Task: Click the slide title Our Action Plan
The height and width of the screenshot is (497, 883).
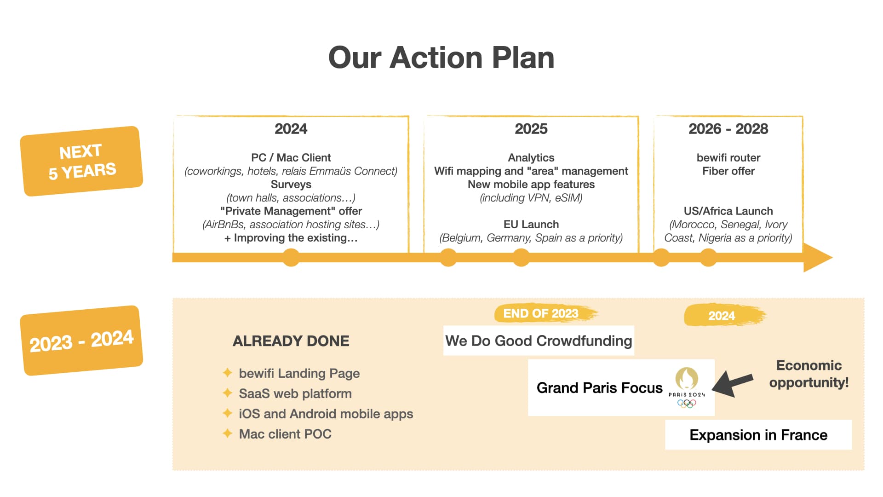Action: pyautogui.click(x=441, y=58)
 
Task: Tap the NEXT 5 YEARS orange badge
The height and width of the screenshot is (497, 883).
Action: pyautogui.click(x=81, y=161)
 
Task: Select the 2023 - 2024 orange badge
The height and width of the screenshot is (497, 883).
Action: pyautogui.click(x=81, y=341)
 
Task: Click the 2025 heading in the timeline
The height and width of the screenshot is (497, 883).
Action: pyautogui.click(x=531, y=129)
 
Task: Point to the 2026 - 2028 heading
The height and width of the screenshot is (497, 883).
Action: pyautogui.click(x=728, y=129)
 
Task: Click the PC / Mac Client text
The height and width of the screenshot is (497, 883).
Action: pyautogui.click(x=291, y=158)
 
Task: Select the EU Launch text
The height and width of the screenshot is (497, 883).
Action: pyautogui.click(x=531, y=225)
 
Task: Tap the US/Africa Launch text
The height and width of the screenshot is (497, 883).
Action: pyautogui.click(x=728, y=211)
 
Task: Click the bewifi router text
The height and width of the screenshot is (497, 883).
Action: pyautogui.click(x=728, y=158)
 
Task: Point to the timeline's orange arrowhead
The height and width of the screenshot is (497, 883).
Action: pyautogui.click(x=818, y=258)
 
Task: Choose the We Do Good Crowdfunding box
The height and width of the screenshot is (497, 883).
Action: pyautogui.click(x=539, y=341)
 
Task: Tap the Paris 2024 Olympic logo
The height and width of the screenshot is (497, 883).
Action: pyautogui.click(x=687, y=387)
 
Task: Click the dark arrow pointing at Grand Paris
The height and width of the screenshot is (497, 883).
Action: pyautogui.click(x=733, y=383)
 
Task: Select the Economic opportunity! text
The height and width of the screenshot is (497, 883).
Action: pyautogui.click(x=809, y=374)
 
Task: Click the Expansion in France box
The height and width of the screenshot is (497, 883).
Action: pyautogui.click(x=758, y=435)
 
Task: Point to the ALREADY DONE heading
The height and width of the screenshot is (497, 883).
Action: pyautogui.click(x=291, y=341)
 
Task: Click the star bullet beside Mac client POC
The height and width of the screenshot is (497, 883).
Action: pyautogui.click(x=227, y=433)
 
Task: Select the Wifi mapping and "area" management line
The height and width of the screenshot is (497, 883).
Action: pyautogui.click(x=531, y=171)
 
